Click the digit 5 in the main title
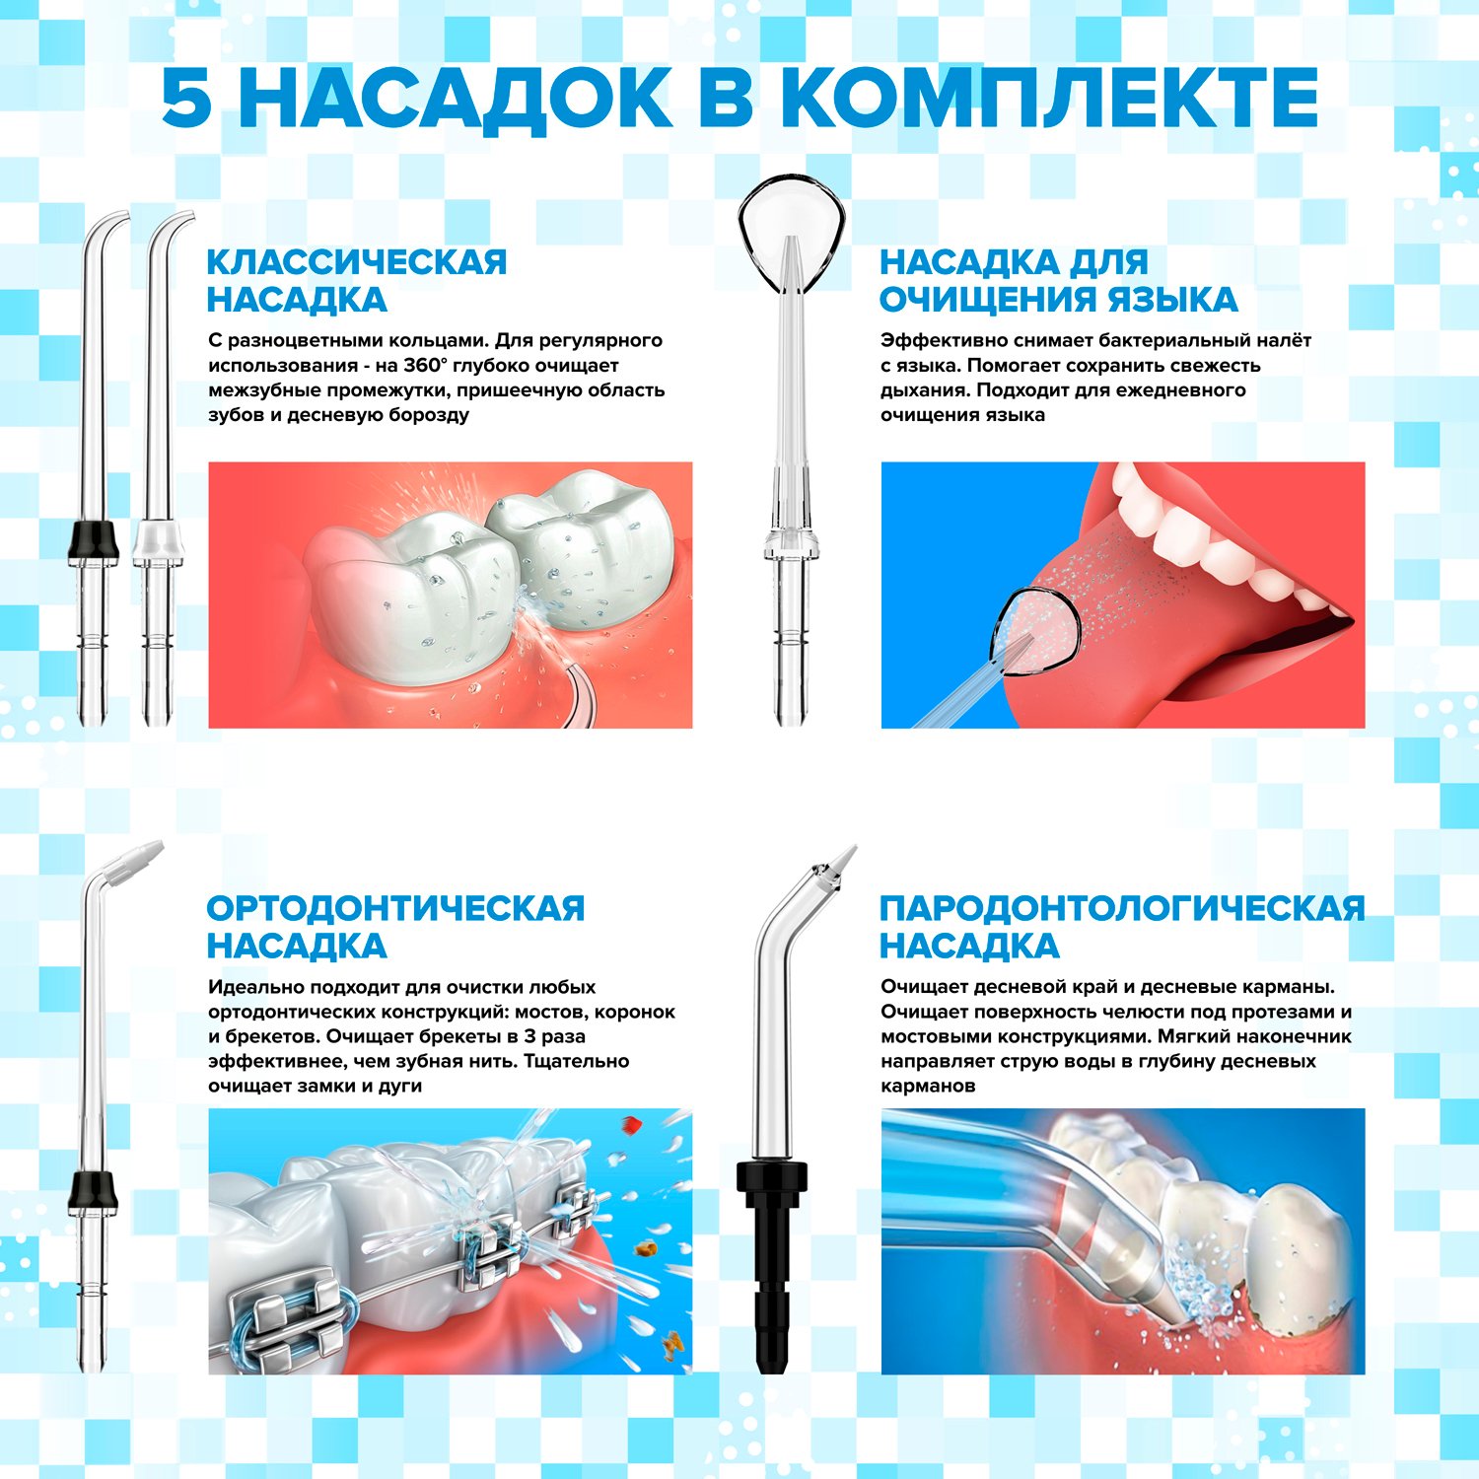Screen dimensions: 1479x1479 187,99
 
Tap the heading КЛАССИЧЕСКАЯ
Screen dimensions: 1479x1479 357,262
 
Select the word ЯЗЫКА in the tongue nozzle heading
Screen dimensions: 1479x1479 1172,300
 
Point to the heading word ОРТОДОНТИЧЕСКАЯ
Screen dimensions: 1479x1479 395,908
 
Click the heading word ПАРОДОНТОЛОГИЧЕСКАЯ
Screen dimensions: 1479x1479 1122,908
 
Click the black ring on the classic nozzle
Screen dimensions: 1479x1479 93,542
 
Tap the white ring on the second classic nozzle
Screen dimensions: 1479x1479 158,542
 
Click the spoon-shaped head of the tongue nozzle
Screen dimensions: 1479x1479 792,232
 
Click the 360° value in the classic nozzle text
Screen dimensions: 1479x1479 425,365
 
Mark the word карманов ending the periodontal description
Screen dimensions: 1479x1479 928,1086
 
